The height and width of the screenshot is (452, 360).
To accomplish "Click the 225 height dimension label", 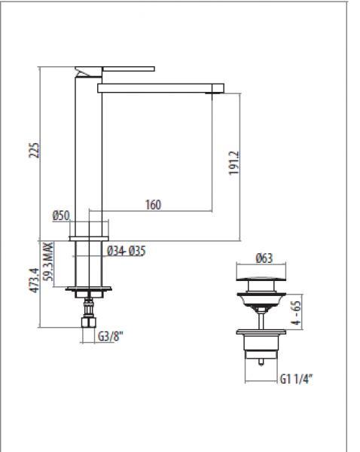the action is pos(34,150).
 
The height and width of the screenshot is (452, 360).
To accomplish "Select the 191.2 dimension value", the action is pos(234,163).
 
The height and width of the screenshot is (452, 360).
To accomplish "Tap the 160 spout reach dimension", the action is pos(153,205).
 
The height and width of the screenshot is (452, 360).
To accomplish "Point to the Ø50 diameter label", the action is pos(61,215).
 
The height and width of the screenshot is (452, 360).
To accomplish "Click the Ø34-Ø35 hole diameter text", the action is pos(127,251).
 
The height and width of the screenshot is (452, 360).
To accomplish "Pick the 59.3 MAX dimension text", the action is pos(48,261).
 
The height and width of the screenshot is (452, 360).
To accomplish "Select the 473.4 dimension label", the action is pos(35,280).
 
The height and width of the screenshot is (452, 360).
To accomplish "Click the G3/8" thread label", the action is pos(111,337).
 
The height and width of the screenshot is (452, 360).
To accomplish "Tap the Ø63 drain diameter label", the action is pos(264,258).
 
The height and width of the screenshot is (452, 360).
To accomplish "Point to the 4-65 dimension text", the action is pos(296,313).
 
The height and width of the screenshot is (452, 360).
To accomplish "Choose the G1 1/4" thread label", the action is pos(297,379).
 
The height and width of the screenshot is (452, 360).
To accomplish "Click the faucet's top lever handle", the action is pos(129,69).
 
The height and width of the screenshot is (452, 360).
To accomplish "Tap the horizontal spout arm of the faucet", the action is pos(160,88).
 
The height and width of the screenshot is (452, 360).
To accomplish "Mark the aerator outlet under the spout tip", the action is pos(211,93).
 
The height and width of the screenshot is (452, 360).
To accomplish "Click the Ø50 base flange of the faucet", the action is pos(89,239).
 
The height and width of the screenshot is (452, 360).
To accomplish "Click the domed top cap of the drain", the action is pos(261,279).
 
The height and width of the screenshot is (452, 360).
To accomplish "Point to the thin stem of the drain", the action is pos(261,321).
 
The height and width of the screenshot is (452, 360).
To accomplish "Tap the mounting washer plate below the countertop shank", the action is pos(88,289).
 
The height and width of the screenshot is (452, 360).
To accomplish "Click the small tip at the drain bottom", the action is pos(261,362).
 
